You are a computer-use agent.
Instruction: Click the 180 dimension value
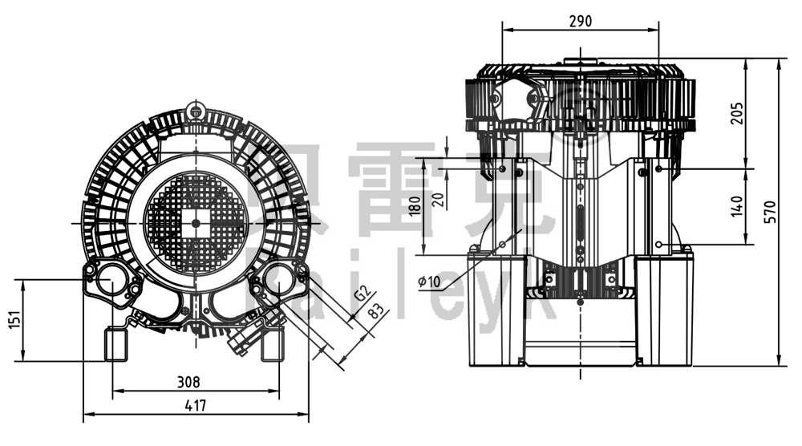414,205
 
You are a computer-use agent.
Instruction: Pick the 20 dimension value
437,199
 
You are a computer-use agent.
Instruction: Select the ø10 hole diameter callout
430,281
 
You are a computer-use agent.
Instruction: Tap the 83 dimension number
375,312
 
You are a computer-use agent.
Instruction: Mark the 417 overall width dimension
195,405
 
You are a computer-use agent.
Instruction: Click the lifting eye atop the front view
194,109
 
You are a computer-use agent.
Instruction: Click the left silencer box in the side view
495,309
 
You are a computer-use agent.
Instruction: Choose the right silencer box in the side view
663,309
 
